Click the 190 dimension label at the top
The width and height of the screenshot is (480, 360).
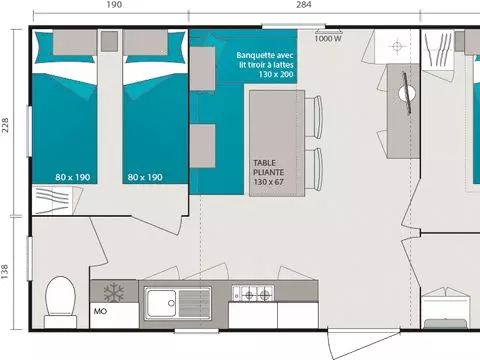click(x=114, y=5)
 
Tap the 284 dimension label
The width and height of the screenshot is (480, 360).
click(x=304, y=5)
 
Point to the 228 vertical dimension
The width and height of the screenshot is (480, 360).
click(x=5, y=125)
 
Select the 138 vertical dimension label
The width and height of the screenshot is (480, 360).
click(x=5, y=272)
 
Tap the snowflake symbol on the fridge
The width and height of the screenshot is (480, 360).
click(x=114, y=292)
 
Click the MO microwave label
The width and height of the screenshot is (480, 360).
click(x=100, y=311)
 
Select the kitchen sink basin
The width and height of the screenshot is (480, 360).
click(x=162, y=303)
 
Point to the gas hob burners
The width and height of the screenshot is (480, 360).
click(x=253, y=294)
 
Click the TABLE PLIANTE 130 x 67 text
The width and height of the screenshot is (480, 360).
click(x=269, y=172)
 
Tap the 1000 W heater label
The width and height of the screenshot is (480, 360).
click(x=328, y=39)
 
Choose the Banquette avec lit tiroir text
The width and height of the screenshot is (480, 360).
click(x=265, y=60)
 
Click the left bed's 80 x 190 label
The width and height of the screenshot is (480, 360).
click(x=73, y=177)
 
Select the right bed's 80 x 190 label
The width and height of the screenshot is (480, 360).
click(x=145, y=177)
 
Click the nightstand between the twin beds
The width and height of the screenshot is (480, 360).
click(x=109, y=41)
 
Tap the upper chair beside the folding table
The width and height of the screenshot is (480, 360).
click(x=313, y=117)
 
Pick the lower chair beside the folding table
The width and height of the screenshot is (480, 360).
click(x=313, y=169)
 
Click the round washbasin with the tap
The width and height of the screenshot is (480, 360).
click(x=407, y=94)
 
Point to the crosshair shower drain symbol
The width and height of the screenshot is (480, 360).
click(x=397, y=46)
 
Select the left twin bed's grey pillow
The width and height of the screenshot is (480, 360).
click(x=75, y=42)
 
